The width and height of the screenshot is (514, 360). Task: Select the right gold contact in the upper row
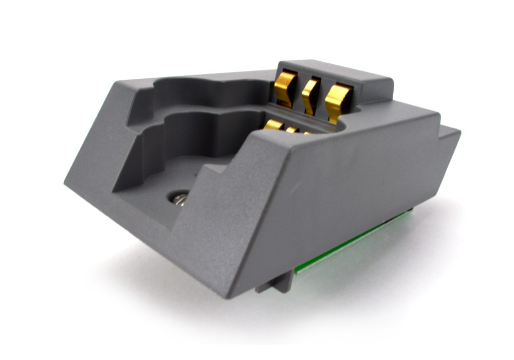coord(337,101)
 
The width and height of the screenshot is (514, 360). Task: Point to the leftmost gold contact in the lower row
coord(273,124)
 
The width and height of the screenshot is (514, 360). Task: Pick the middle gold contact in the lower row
coord(292,130)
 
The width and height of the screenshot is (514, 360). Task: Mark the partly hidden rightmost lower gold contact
coord(307,133)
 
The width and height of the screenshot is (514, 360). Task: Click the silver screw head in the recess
coord(179,197)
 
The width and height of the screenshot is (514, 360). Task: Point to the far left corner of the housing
coord(67,180)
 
